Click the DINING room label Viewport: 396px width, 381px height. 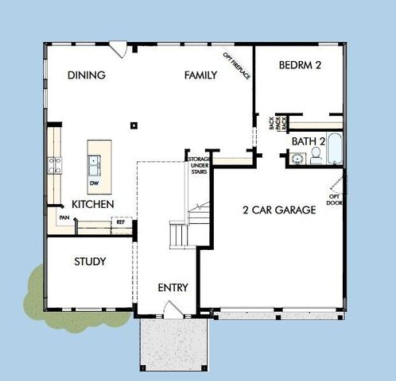click(87, 75)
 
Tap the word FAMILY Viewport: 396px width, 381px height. click(200, 75)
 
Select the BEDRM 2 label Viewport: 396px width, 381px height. click(300, 66)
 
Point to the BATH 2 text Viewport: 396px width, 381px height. click(309, 141)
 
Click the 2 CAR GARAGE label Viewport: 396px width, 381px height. click(280, 210)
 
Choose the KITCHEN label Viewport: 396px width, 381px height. click(93, 205)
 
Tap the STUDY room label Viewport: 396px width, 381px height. click(90, 261)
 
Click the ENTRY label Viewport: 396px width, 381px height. click(173, 287)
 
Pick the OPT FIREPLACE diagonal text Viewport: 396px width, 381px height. click(237, 66)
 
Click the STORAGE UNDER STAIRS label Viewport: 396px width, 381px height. click(198, 164)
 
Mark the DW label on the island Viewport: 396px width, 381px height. click(94, 184)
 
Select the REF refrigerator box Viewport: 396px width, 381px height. click(121, 222)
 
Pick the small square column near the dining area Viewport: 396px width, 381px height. click(134, 124)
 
